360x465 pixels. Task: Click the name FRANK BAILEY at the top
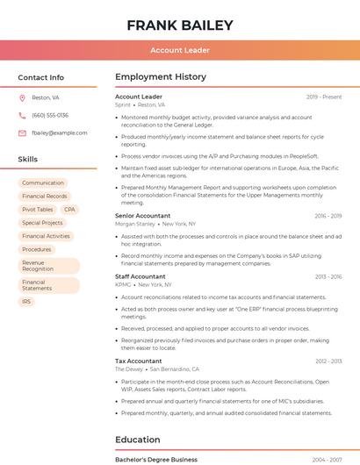coord(179,25)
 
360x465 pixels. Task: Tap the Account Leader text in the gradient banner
coord(180,50)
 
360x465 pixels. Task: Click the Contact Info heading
coord(41,77)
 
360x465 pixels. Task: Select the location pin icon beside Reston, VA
coord(22,97)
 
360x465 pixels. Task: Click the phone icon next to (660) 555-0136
coord(22,115)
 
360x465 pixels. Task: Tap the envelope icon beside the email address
coord(22,132)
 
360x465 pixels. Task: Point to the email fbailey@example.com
coord(60,132)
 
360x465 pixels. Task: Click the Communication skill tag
coord(43,182)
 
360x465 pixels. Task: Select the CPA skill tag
coord(69,210)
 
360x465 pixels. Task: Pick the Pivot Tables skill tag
coord(38,210)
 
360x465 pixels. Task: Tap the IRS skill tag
coord(26,301)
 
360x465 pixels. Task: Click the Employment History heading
coord(161,77)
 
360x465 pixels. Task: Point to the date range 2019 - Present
coord(324,97)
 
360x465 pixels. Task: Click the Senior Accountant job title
coord(143,215)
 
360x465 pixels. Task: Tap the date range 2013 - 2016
coord(328,276)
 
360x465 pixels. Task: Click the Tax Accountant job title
coord(139,361)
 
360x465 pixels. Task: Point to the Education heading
coord(138,440)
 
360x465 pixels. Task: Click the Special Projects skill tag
coord(42,223)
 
